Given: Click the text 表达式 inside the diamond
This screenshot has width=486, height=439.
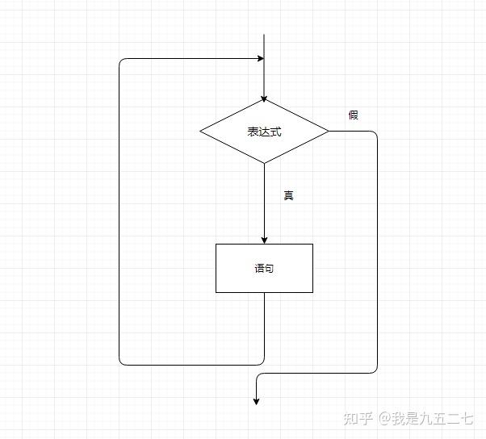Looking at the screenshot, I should pos(264,132).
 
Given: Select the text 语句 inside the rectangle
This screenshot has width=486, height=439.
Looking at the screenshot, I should pos(264,269).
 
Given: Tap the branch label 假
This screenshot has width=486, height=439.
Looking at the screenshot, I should pos(353,115).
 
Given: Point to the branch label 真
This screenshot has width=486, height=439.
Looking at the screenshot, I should pos(288,195).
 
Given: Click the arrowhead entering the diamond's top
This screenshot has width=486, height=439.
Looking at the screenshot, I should pos(264,98).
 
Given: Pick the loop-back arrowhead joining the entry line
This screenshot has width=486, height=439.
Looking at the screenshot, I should pos(260,59).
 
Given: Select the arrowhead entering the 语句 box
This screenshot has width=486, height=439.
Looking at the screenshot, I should pos(264,240).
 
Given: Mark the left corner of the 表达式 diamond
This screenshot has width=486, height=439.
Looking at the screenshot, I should pos(200,131).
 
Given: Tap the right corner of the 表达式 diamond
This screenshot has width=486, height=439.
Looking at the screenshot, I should pos(329,131).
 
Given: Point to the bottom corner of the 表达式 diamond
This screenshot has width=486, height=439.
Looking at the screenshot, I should pos(264,163).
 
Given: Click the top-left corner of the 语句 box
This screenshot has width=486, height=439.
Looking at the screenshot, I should pos(216,244).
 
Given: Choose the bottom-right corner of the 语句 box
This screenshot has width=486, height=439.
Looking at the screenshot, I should pos(312,292).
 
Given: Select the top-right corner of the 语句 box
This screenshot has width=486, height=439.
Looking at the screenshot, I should pos(312,244).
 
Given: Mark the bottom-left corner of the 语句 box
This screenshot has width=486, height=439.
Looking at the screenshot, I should pos(216,292).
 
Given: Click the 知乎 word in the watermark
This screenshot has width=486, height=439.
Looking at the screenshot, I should pos(357,418).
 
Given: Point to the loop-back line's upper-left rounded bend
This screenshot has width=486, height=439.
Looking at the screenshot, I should pos(121,61).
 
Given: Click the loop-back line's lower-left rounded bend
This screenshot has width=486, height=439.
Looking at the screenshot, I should pos(121,362).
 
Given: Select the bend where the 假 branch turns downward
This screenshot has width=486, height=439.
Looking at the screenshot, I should pos(375,133).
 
